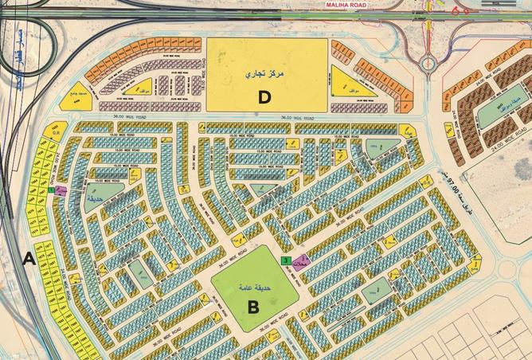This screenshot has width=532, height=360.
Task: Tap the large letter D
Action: (264, 97)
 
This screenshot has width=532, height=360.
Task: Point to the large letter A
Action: (28, 258)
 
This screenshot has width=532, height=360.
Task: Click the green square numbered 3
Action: (285, 260)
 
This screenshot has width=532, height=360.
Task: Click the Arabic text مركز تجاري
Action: (266, 72)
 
